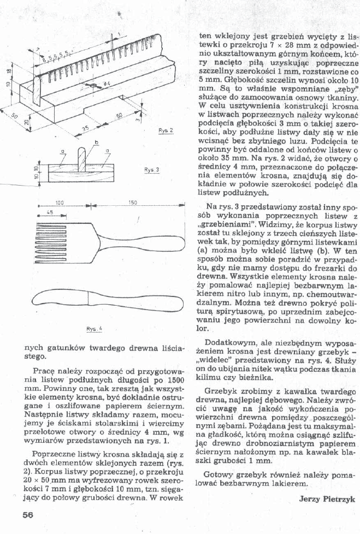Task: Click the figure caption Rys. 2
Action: tap(166, 131)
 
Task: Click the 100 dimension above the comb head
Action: tap(60, 203)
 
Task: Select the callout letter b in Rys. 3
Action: tap(97, 143)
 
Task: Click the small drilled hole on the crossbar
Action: tap(95, 86)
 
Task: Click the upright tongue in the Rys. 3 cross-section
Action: tap(82, 159)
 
